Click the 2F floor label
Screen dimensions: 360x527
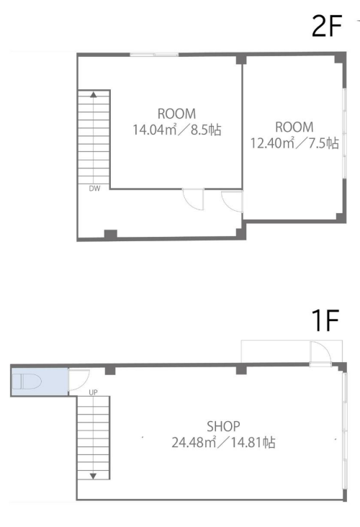click(326, 27)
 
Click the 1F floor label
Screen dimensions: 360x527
click(325, 320)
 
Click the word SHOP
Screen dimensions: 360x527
click(223, 426)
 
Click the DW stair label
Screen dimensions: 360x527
click(94, 189)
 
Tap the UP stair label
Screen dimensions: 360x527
click(93, 392)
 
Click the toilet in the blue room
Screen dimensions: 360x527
click(27, 382)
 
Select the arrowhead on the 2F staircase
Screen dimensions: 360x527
click(94, 95)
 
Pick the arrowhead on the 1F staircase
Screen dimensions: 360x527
click(93, 476)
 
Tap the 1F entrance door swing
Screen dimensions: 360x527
click(320, 352)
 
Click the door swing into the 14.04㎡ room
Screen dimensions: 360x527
click(193, 199)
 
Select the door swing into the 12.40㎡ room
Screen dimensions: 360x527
click(232, 202)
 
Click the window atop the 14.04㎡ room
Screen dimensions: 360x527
click(154, 55)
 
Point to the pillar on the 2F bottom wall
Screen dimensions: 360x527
click(111, 234)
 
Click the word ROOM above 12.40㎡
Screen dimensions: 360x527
click(294, 127)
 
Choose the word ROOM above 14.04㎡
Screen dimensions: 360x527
click(176, 114)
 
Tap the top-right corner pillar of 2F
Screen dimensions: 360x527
click(340, 58)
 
